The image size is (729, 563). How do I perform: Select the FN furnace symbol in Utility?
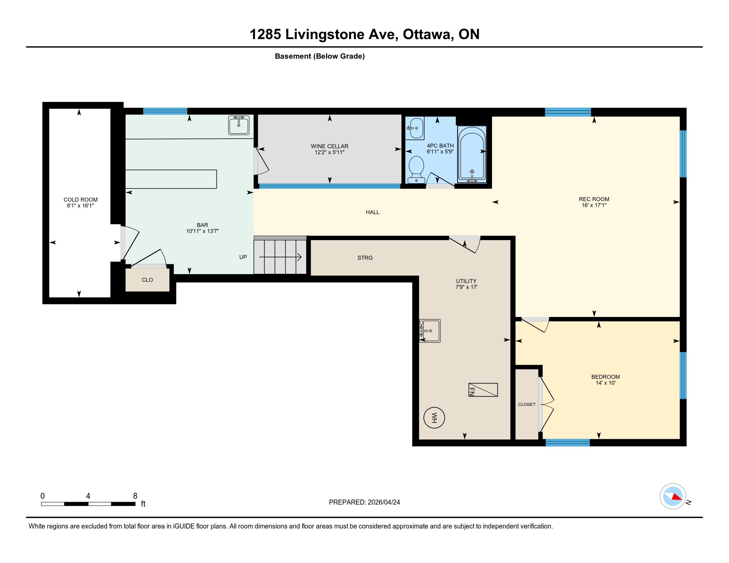[483, 389]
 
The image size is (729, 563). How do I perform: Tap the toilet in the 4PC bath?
[416, 170]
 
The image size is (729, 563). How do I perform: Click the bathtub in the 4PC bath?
[472, 154]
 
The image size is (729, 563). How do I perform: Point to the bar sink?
[239, 125]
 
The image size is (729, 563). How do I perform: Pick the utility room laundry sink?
[430, 331]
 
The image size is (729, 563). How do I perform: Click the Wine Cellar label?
[329, 146]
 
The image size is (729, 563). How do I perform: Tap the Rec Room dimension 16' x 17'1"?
[594, 205]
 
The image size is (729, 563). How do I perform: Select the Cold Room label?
[81, 199]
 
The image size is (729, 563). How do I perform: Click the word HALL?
[372, 212]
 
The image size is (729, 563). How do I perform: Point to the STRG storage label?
[365, 257]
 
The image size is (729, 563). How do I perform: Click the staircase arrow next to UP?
[280, 257]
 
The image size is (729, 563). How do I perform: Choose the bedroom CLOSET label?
[527, 404]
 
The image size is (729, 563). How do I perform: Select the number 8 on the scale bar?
[135, 496]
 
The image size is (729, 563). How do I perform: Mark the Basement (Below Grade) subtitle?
[320, 56]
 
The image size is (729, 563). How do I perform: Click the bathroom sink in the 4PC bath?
[415, 128]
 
